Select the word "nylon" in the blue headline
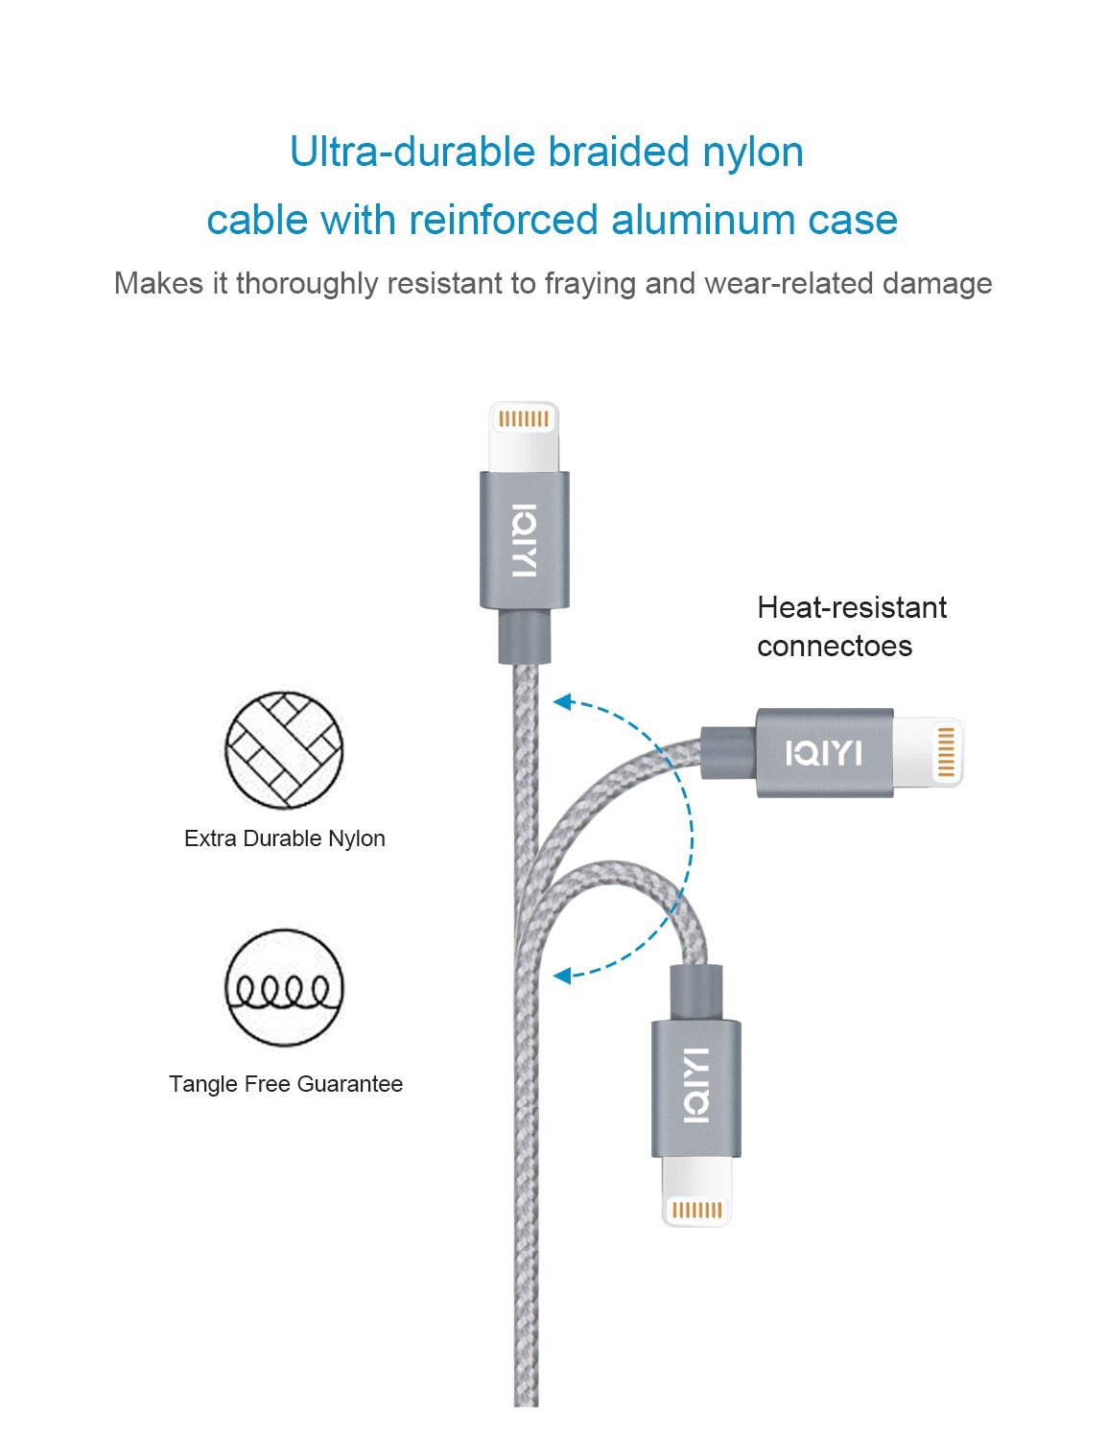[753, 153]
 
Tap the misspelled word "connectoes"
[834, 646]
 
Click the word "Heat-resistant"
[851, 607]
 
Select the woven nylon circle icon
[284, 749]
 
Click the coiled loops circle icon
[284, 987]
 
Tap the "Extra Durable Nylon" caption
[284, 838]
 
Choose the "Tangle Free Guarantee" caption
[285, 1084]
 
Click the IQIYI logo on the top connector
[524, 540]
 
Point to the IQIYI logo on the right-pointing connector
[823, 753]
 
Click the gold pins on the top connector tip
[524, 419]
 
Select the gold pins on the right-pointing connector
[945, 752]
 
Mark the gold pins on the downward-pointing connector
[696, 1210]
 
